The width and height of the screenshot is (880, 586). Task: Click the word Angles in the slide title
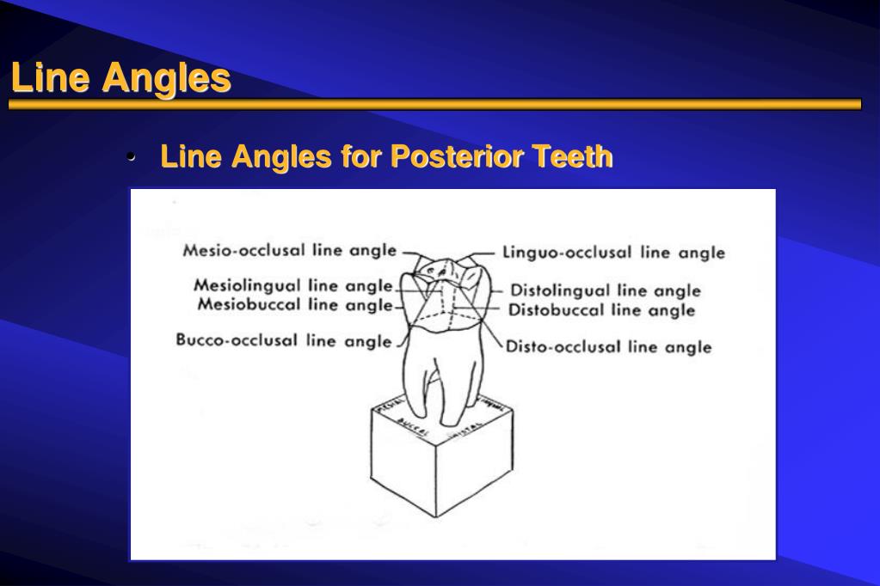click(167, 78)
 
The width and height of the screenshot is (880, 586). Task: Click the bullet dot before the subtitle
click(132, 158)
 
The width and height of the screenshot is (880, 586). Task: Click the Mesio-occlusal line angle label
click(290, 251)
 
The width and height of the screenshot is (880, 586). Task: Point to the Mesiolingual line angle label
click(293, 285)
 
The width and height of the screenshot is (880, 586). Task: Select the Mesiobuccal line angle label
click(295, 304)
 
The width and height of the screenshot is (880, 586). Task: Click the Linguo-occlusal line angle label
click(613, 253)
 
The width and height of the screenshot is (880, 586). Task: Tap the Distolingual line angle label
click(606, 290)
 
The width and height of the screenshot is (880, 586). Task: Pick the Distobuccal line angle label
click(602, 310)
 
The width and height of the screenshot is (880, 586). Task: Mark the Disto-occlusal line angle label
click(608, 347)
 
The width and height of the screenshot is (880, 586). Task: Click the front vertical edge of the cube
click(436, 481)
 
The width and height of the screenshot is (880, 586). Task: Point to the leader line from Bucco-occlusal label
click(400, 341)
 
